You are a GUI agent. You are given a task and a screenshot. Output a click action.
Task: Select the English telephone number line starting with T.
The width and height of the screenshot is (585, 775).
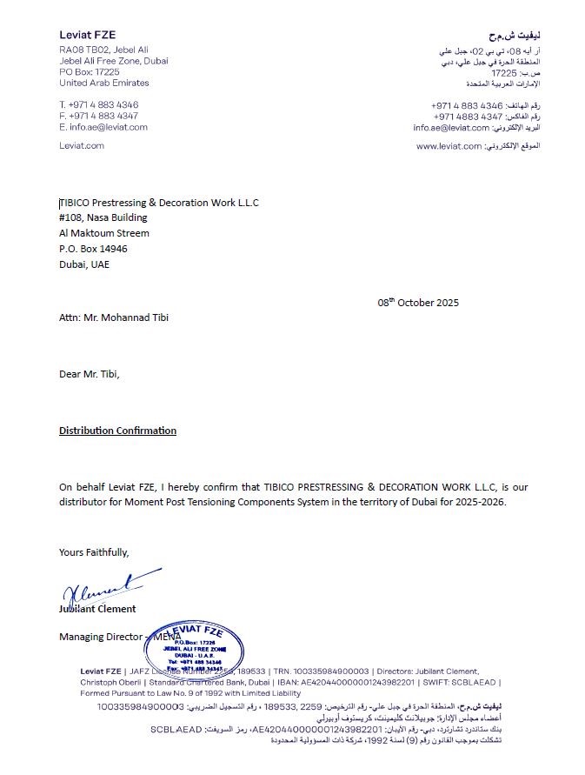[x=98, y=105]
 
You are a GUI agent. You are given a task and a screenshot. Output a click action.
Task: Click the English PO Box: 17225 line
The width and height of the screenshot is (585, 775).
[x=90, y=72]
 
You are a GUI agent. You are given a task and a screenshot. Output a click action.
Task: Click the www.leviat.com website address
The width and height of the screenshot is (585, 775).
[x=449, y=146]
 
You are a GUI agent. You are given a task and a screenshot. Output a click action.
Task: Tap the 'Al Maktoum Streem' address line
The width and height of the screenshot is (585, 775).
[x=103, y=233]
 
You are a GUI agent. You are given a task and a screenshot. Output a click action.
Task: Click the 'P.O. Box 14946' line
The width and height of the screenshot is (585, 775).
[x=93, y=249]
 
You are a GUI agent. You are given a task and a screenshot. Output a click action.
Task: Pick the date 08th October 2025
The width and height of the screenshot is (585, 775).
[x=417, y=303]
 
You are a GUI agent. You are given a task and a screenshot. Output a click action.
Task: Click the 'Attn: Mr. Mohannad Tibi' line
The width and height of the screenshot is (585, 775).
[x=113, y=317]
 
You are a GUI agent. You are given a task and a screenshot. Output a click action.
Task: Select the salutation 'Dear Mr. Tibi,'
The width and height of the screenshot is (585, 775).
[x=90, y=374]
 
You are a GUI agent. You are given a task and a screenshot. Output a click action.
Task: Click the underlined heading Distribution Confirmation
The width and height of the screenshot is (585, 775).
[x=117, y=431]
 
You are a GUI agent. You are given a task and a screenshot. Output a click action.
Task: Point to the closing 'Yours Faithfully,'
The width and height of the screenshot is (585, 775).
[x=94, y=551]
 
